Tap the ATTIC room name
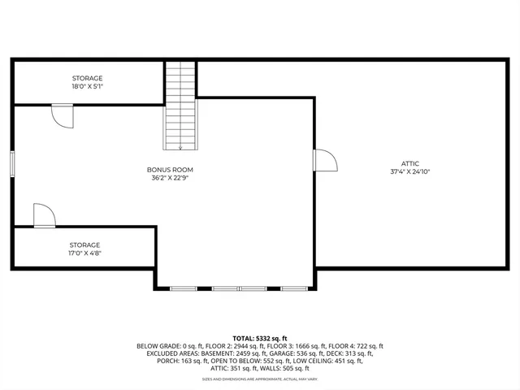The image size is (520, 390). pos(409,163)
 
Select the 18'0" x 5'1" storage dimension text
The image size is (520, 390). pos(87,86)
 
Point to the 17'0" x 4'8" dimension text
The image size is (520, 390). pos(84,253)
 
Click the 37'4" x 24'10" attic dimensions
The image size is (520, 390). pos(409,171)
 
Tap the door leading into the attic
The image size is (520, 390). pos(325,159)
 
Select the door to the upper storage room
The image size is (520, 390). pos(62,115)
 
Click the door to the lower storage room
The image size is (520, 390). pos(44,216)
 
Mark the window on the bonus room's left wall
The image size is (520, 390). pos(12,162)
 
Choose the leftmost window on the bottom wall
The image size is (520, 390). pos(184,288)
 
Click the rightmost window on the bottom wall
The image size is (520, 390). pos(292,288)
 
